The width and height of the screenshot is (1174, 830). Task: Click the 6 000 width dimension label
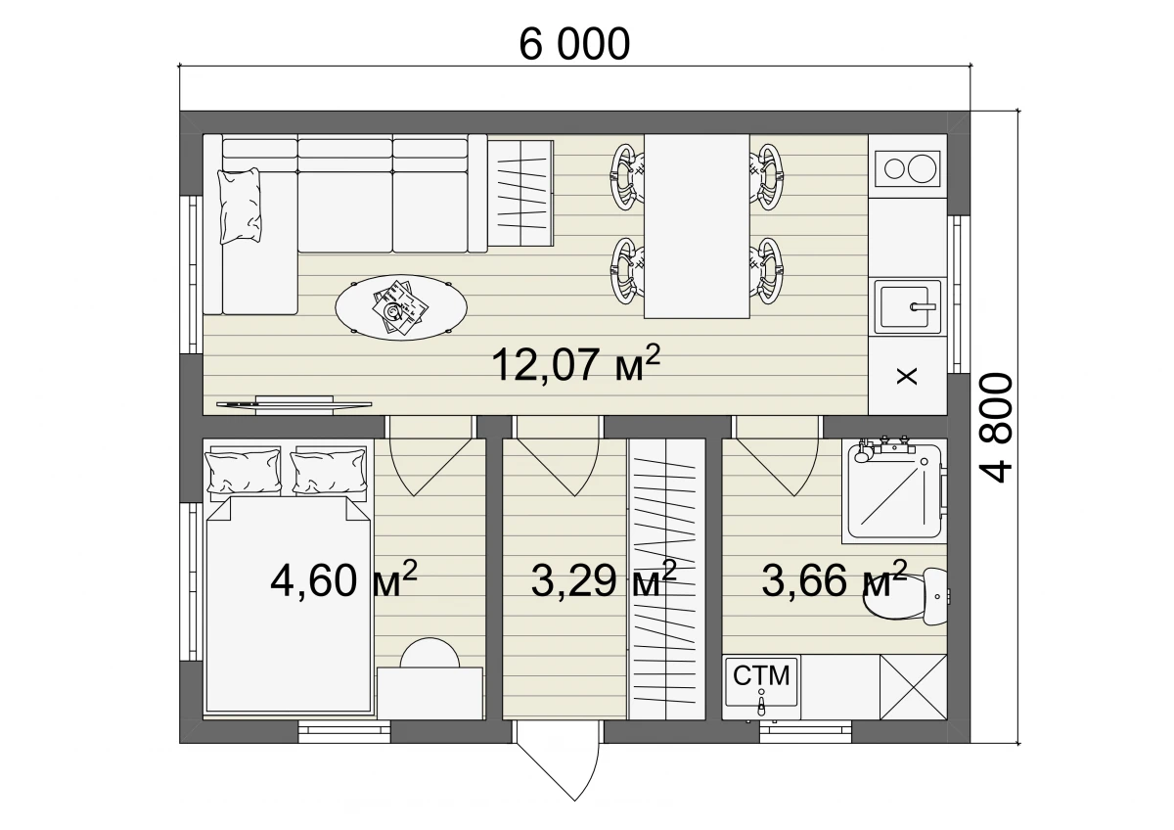tap(574, 44)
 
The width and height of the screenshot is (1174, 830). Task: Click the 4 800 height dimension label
tap(996, 428)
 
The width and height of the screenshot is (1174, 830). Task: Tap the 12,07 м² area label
tap(575, 364)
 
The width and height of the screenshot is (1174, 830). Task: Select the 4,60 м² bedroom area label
tap(343, 579)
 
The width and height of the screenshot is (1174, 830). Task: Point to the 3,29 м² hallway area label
tap(604, 579)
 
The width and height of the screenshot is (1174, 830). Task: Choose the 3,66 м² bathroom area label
tap(834, 579)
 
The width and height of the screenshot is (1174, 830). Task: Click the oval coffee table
tap(401, 307)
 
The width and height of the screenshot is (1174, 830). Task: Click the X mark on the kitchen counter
tap(907, 376)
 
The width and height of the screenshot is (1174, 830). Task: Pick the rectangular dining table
tap(697, 226)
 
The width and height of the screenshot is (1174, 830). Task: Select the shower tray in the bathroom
tap(894, 491)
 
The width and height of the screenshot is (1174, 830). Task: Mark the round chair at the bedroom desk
tap(429, 653)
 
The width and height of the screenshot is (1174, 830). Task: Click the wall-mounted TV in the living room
tap(294, 404)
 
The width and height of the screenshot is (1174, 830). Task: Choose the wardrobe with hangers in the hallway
tap(666, 578)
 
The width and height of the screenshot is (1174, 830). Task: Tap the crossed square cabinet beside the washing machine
tap(914, 687)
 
